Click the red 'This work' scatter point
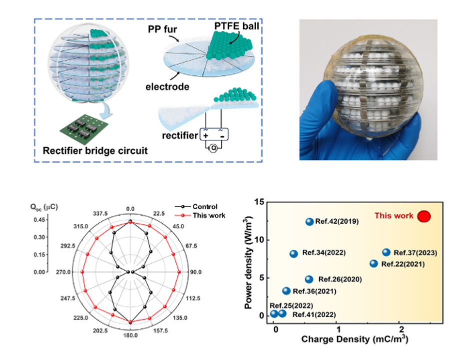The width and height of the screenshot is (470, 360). (424, 216)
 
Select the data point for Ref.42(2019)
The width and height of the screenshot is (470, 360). (310, 222)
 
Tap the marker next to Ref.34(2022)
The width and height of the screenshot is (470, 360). (294, 254)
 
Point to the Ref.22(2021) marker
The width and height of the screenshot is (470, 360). (374, 264)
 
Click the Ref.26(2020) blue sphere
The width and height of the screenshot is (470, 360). (309, 280)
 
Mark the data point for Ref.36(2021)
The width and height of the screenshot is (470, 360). (286, 291)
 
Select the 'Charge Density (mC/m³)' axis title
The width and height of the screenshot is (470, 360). (355, 340)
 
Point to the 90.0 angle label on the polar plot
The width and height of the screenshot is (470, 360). (196, 272)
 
